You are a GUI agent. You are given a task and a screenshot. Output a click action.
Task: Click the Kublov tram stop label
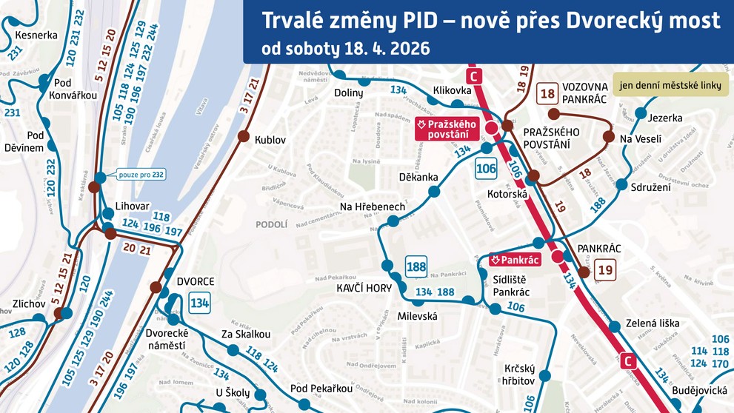click(x=270, y=140)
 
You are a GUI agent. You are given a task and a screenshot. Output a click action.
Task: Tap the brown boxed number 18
click(x=548, y=93)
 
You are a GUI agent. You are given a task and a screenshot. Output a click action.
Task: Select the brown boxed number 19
click(x=606, y=270)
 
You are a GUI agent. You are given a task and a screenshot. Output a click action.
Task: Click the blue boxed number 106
click(x=486, y=169)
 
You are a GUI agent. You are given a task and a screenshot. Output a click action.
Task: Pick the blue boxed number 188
click(x=416, y=267)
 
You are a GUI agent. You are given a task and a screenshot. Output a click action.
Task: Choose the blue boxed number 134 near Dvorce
click(x=199, y=302)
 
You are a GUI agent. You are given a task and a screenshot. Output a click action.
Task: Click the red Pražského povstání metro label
click(x=446, y=129)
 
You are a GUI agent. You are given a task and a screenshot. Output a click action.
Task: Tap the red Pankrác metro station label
click(x=515, y=260)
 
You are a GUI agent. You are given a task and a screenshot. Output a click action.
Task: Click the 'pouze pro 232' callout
click(x=141, y=175)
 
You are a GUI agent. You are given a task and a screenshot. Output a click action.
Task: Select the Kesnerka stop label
click(x=36, y=35)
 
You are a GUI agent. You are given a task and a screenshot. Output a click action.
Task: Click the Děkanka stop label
click(x=418, y=178)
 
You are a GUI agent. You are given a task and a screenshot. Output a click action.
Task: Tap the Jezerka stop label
click(x=664, y=118)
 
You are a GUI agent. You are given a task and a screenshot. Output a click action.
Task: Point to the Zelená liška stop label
click(x=653, y=323)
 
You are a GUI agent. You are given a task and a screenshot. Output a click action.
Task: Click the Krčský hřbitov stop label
click(x=519, y=375)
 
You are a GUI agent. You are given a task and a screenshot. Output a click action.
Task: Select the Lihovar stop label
click(x=133, y=205)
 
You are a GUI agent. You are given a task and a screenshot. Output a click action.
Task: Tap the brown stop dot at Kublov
click(x=243, y=135)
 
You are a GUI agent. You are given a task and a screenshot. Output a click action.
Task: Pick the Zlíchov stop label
click(x=29, y=303)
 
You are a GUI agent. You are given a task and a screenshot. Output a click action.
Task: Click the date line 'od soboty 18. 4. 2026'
click(x=346, y=49)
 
